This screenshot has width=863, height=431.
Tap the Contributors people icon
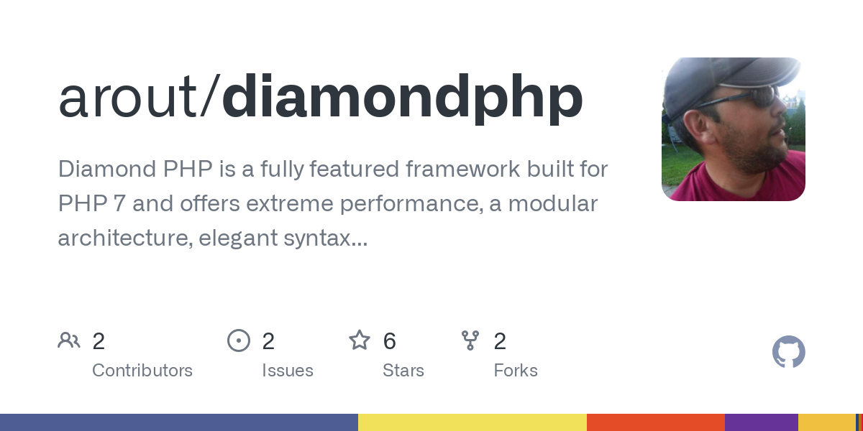click(x=69, y=340)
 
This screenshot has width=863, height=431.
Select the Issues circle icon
click(x=239, y=340)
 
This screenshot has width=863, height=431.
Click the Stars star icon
click(x=360, y=340)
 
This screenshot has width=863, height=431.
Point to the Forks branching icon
click(x=470, y=340)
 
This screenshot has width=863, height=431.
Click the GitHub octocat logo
click(x=788, y=352)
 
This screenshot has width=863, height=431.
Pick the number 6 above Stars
click(x=389, y=341)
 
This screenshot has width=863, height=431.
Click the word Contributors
click(x=142, y=371)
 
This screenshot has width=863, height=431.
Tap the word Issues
click(x=288, y=371)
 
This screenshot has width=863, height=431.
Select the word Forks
click(x=516, y=371)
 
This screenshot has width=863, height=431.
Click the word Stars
click(x=403, y=371)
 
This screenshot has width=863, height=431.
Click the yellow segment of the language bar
click(x=472, y=422)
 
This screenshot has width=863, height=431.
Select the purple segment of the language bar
click(x=761, y=422)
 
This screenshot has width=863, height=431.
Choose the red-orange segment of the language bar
click(x=655, y=422)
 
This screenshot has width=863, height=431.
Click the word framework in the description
click(x=477, y=170)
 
